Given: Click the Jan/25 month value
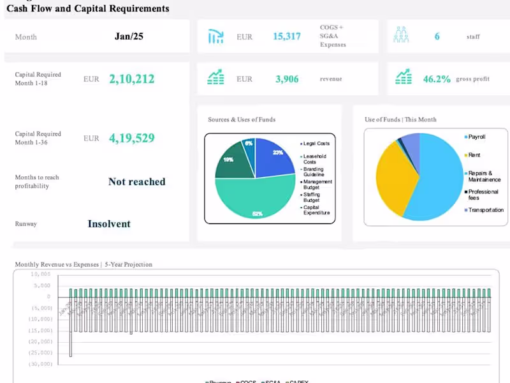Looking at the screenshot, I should [x=129, y=36].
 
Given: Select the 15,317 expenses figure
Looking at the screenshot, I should [x=287, y=36].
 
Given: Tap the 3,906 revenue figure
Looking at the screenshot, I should [x=287, y=79].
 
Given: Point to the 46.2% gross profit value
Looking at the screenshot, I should [x=437, y=79].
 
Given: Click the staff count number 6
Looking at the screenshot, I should [x=437, y=36].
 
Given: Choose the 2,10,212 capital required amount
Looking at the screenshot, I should [x=131, y=79].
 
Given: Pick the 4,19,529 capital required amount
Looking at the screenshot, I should [x=131, y=139].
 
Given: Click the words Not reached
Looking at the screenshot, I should [x=136, y=182].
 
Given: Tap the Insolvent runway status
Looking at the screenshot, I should [x=109, y=224].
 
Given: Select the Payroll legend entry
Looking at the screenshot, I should [x=477, y=137].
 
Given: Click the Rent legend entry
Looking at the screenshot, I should [x=473, y=155].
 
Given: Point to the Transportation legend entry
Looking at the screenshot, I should [x=486, y=210].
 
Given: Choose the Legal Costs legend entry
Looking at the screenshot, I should [x=316, y=144].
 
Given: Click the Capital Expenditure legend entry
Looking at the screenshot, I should [x=316, y=210].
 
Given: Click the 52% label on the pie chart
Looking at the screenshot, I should [x=258, y=214].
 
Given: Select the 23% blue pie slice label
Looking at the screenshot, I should [x=277, y=153].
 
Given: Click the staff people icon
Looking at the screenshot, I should [x=401, y=36].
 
